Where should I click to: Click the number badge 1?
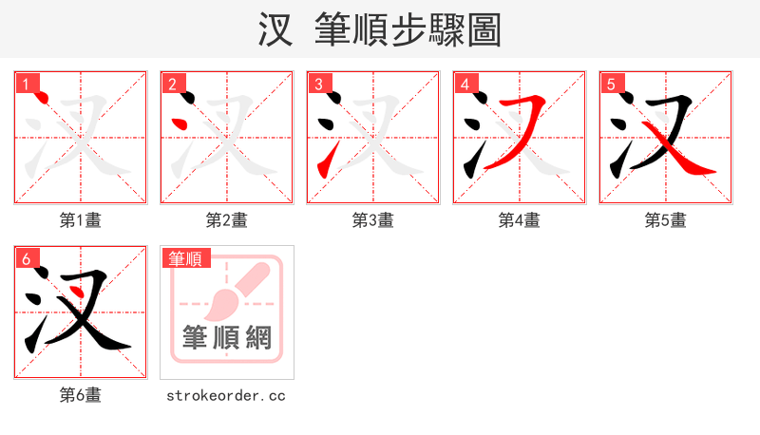point(26,83)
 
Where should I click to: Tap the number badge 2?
point(172,83)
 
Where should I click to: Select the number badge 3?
point(318,83)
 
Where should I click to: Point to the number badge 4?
point(465,83)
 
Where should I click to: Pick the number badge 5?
point(611,83)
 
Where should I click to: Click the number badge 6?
point(26,257)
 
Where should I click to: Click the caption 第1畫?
point(80,220)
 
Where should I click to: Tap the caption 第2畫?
point(226,220)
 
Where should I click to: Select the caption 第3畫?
point(372,220)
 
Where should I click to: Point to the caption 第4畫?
point(519,220)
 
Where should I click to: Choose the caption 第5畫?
point(665,220)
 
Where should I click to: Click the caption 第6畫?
point(80,395)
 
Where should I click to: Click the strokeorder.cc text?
point(226,395)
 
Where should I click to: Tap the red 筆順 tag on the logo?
point(185,257)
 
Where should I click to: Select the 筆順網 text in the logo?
point(226,337)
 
